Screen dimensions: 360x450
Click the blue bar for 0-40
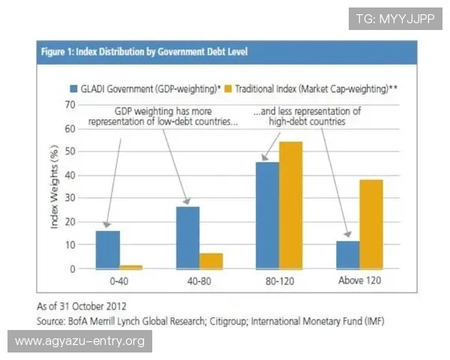point(107,249)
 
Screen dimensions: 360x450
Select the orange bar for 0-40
point(131,266)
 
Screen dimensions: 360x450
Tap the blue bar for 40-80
point(187,237)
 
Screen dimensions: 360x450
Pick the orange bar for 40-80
point(211,260)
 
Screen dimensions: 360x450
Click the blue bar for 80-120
point(267,214)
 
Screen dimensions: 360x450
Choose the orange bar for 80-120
point(291,204)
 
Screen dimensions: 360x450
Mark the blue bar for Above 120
point(347,254)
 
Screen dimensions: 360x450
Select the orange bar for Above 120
point(370,223)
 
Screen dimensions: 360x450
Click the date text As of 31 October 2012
point(82,306)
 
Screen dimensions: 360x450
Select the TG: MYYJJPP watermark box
point(394,19)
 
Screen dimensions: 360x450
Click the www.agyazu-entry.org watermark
point(79,341)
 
